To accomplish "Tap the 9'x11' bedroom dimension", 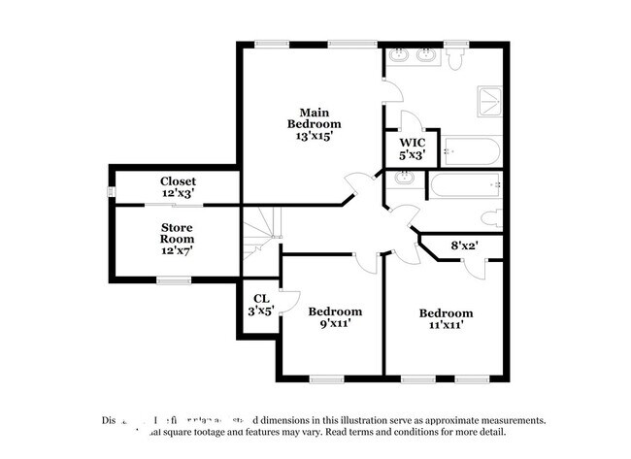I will coord(335,324).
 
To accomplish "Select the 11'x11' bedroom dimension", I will coord(446,326).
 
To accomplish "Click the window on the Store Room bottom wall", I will coord(174,280).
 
